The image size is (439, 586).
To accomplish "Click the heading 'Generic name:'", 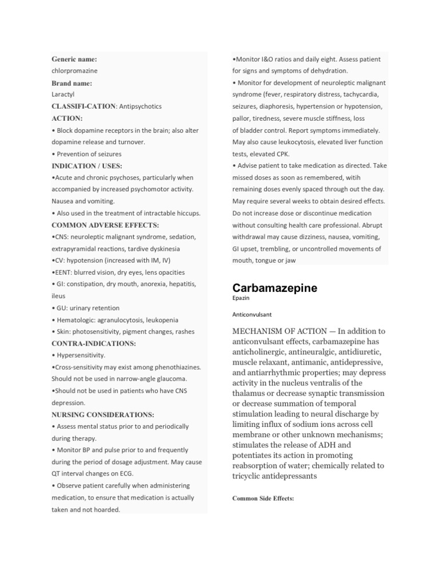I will [74, 59].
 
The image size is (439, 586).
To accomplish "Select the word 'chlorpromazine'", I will [74, 71].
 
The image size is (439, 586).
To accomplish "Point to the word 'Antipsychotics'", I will [140, 106].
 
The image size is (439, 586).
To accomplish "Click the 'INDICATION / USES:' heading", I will [87, 166].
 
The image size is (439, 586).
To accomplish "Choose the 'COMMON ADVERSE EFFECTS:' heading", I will [105, 225].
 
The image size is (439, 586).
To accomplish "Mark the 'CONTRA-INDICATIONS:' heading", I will [94, 343].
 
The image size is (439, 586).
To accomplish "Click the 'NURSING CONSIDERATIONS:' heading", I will [103, 414].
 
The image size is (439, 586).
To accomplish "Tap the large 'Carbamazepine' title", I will [274, 288].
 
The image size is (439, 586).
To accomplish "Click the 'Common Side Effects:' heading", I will [263, 498].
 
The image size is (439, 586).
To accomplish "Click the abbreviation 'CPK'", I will [282, 154].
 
